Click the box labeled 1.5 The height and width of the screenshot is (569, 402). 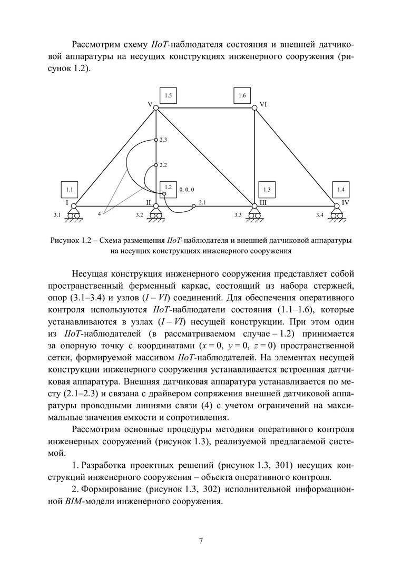(168, 96)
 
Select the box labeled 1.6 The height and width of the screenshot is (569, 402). (242, 96)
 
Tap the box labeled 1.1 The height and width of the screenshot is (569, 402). (69, 189)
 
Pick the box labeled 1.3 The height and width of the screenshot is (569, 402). (267, 189)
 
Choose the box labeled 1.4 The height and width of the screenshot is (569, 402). (341, 189)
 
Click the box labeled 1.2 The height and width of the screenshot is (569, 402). (168, 188)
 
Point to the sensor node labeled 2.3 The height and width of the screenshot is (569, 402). (156, 140)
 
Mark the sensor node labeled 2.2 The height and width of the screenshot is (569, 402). (156, 165)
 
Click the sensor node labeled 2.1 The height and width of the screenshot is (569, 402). (193, 205)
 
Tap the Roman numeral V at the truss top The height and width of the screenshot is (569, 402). (150, 105)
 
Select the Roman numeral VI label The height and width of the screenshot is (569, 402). (263, 105)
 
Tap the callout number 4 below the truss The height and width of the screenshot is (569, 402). (99, 214)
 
